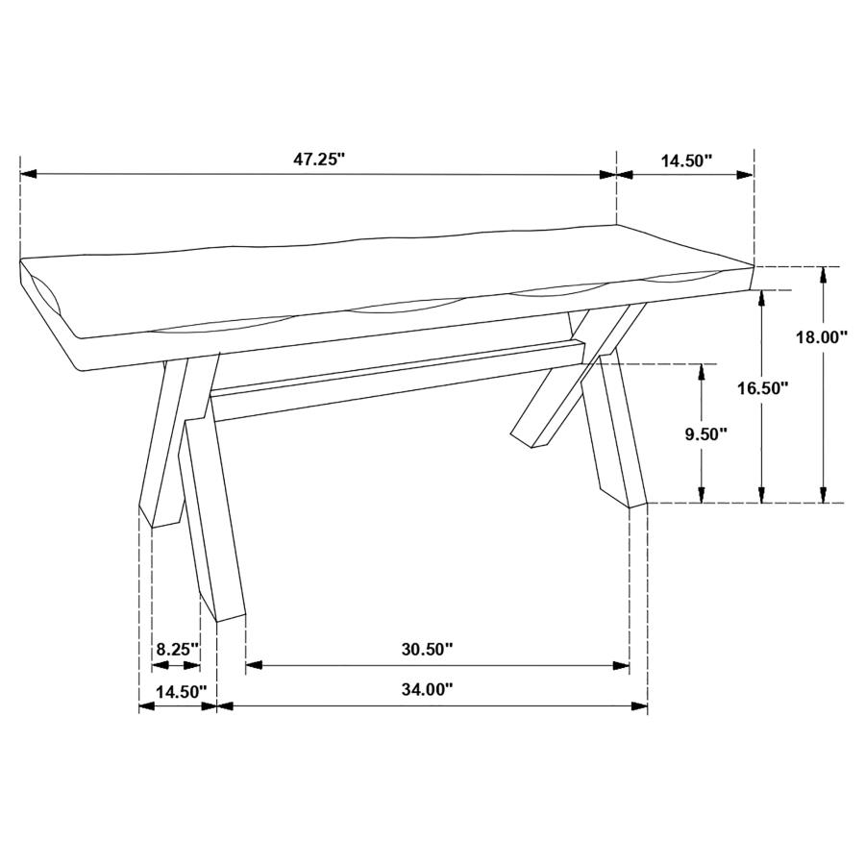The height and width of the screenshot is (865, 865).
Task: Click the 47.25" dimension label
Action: pos(319,161)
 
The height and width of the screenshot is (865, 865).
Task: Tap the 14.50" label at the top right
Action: pos(686,161)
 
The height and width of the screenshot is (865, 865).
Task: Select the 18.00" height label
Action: pos(822,337)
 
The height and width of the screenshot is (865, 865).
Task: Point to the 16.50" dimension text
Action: pos(762,388)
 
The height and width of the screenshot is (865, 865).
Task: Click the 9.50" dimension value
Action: pos(705,433)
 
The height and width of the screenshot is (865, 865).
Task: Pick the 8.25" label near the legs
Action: pos(177,649)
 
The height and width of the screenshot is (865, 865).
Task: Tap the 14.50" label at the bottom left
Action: pos(175,691)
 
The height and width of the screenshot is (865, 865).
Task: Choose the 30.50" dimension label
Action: pos(427,650)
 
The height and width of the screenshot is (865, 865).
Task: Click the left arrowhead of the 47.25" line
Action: pos(28,174)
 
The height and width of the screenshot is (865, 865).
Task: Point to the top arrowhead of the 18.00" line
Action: pos(823,274)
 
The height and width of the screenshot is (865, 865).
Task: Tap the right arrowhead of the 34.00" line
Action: pos(641,705)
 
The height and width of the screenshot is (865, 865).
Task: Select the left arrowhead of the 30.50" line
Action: pos(254,664)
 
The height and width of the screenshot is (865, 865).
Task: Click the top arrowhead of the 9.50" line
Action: pos(703,371)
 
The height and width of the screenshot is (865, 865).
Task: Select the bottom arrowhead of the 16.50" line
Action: pos(762,495)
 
